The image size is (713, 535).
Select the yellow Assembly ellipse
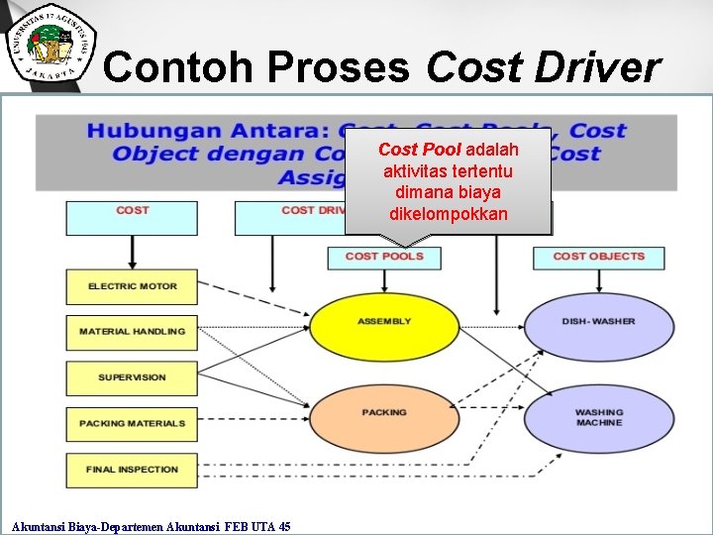click(384, 322)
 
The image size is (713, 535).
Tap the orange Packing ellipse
click(384, 412)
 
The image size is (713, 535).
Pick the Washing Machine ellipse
click(598, 417)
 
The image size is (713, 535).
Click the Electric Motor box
click(132, 286)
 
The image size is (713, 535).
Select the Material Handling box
click(132, 332)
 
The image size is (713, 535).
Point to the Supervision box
click(132, 377)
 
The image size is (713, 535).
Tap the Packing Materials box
click(132, 423)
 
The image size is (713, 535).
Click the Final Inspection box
click(132, 470)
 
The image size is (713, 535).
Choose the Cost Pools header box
click(384, 257)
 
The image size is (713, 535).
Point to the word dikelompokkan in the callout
click(449, 214)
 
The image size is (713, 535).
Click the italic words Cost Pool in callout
click(419, 150)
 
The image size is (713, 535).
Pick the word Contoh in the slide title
click(174, 67)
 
